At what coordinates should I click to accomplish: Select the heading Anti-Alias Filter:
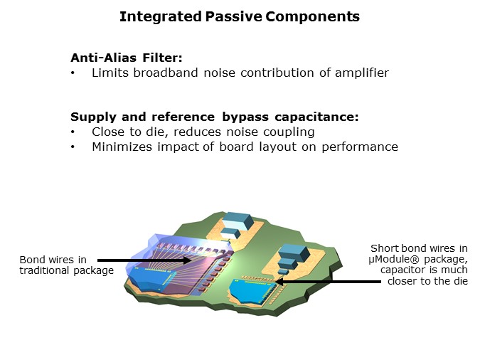pyautogui.click(x=127, y=58)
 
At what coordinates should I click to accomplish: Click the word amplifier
pyautogui.click(x=362, y=73)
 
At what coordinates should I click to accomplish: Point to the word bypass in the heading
pyautogui.click(x=245, y=117)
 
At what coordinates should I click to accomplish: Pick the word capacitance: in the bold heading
pyautogui.click(x=316, y=117)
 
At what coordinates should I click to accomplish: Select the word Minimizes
pyautogui.click(x=122, y=147)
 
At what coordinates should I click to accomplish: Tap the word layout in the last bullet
pyautogui.click(x=277, y=147)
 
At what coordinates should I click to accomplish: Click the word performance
pyautogui.click(x=360, y=147)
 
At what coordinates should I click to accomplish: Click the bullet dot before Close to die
pyautogui.click(x=73, y=132)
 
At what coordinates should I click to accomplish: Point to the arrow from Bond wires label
pyautogui.click(x=144, y=260)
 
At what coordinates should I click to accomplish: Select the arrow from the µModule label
pyautogui.click(x=328, y=281)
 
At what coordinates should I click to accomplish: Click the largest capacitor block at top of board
pyautogui.click(x=238, y=220)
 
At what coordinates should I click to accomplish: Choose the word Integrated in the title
pyautogui.click(x=161, y=17)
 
